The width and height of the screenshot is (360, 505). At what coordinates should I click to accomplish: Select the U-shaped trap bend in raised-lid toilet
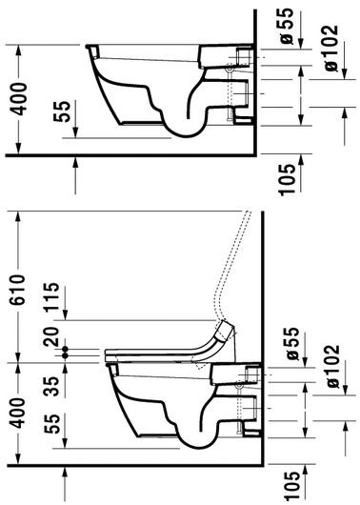click(181, 438)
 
